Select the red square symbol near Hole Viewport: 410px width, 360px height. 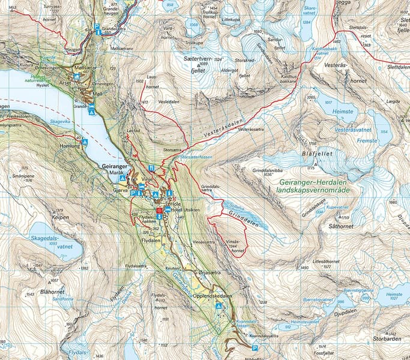(x=158, y=211)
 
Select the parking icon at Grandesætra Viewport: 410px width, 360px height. (x=97, y=26)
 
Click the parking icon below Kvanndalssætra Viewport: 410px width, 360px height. (x=255, y=348)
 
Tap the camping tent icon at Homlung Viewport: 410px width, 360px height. (x=85, y=142)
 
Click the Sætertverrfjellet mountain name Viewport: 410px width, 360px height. (x=199, y=65)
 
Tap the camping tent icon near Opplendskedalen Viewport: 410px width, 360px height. (x=219, y=306)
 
